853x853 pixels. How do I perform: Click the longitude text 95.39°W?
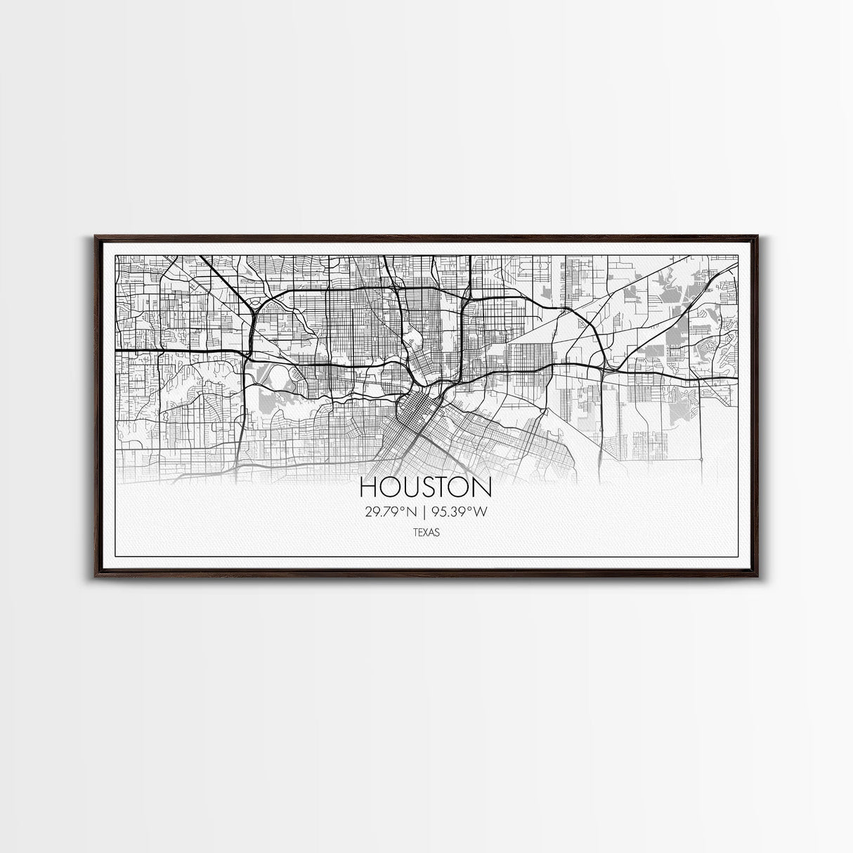tap(460, 512)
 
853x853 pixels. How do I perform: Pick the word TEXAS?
tap(426, 533)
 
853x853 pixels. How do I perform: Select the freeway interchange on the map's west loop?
tap(251, 309)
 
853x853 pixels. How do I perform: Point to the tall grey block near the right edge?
tap(680, 330)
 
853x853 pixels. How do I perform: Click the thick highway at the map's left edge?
tap(119, 349)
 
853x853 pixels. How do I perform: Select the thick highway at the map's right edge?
tap(731, 380)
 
